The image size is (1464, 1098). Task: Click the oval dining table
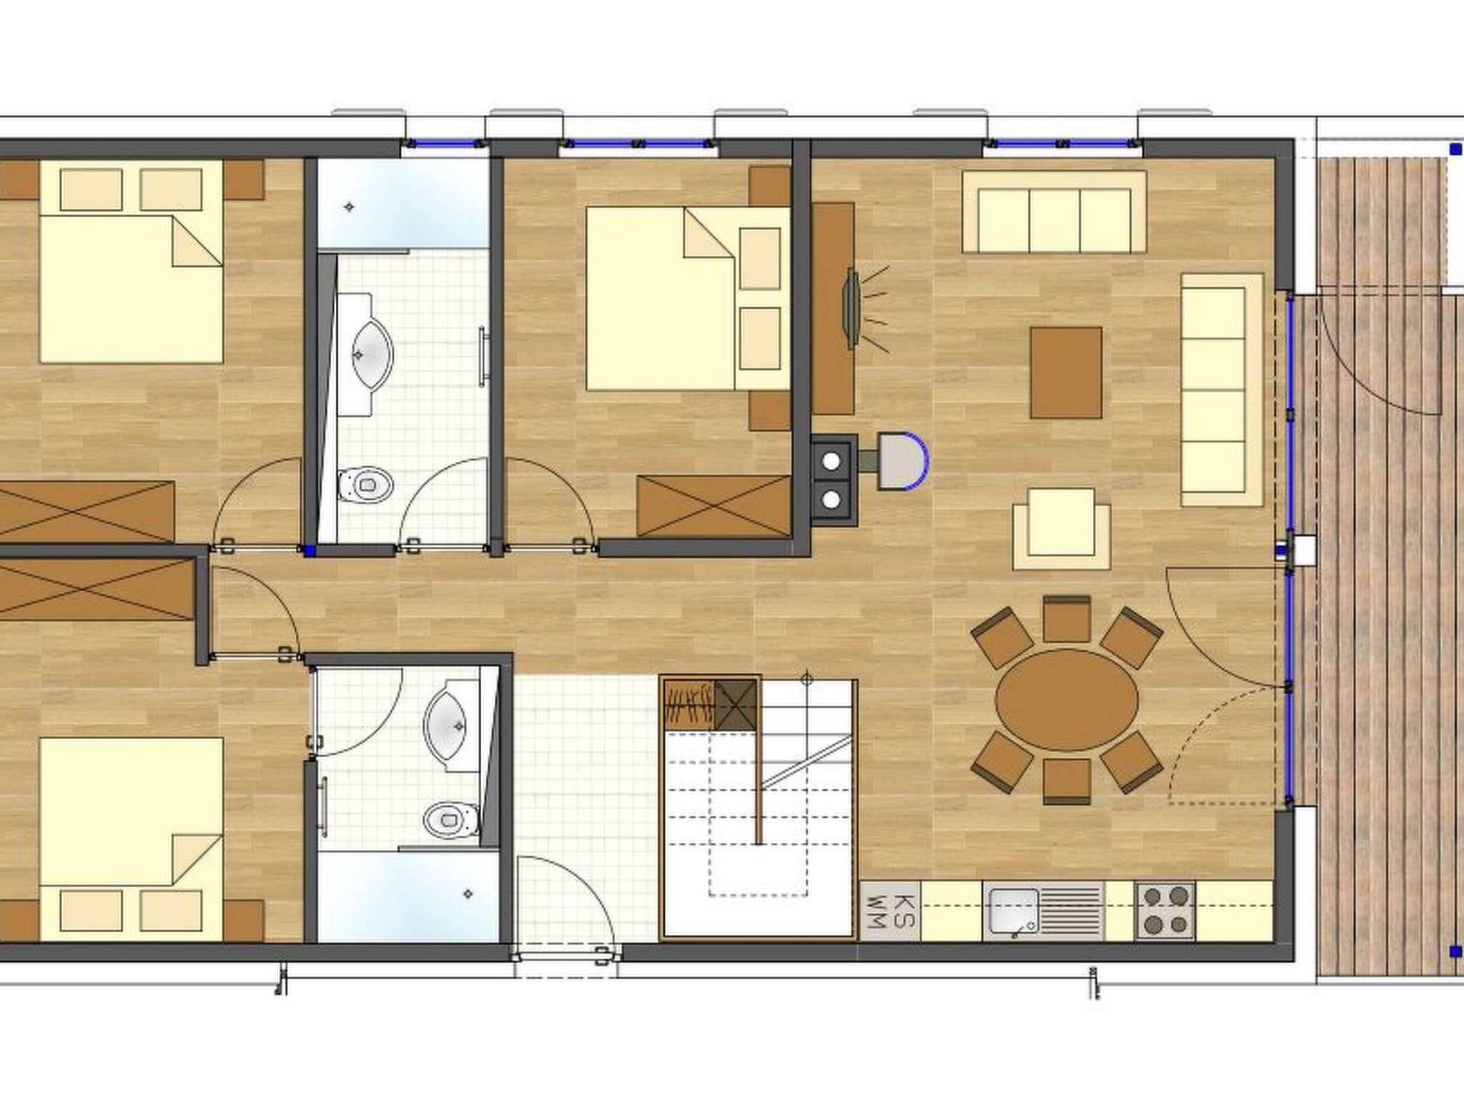(1067, 700)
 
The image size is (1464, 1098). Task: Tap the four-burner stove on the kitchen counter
(1165, 911)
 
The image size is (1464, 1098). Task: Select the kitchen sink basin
(1012, 911)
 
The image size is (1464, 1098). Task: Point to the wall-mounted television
(852, 309)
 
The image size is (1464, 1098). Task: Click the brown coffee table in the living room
(1065, 372)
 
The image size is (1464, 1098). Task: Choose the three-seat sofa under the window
(1054, 212)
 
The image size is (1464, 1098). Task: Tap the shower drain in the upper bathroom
(350, 207)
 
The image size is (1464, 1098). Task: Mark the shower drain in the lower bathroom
(468, 893)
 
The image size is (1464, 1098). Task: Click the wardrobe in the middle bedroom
(713, 505)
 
